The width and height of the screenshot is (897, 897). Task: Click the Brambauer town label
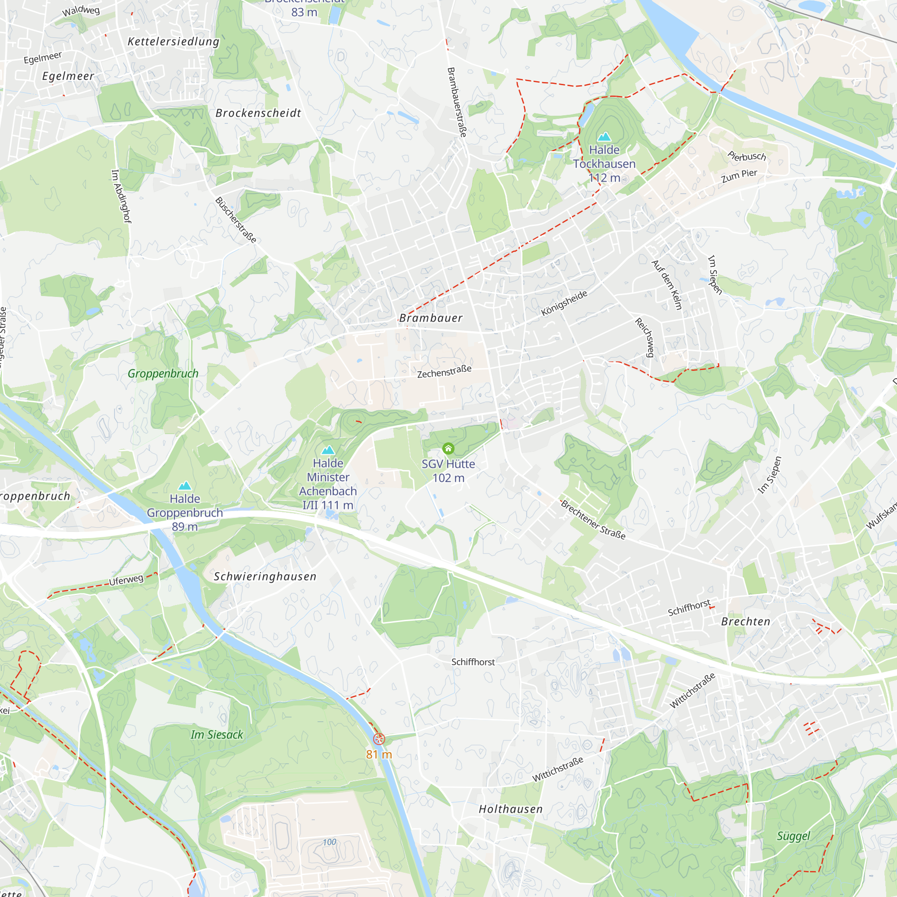coord(431,318)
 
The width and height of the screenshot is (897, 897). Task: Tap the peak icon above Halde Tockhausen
coord(604,136)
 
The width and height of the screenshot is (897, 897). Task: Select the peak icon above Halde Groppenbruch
coord(185,486)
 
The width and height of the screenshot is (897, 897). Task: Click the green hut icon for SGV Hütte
coord(448,448)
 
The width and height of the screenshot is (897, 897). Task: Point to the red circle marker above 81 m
coord(379,739)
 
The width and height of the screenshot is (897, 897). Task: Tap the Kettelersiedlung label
coord(173,42)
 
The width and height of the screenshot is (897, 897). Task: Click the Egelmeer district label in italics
coord(68,76)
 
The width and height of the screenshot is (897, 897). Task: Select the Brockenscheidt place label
coord(258,113)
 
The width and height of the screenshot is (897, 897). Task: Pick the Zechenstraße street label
coord(444,372)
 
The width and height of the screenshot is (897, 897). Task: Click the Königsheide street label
coord(564,303)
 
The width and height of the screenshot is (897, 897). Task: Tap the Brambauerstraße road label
coord(457,102)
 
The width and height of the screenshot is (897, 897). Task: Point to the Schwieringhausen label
coord(265,577)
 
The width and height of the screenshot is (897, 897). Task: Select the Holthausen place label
coord(511,809)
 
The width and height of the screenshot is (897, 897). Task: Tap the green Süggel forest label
coord(793,836)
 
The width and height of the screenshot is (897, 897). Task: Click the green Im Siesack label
coord(217,735)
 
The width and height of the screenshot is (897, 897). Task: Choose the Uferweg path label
coord(126,580)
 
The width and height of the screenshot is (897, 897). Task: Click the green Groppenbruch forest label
coord(163,374)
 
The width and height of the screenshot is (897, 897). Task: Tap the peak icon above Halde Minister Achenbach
coord(328,450)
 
